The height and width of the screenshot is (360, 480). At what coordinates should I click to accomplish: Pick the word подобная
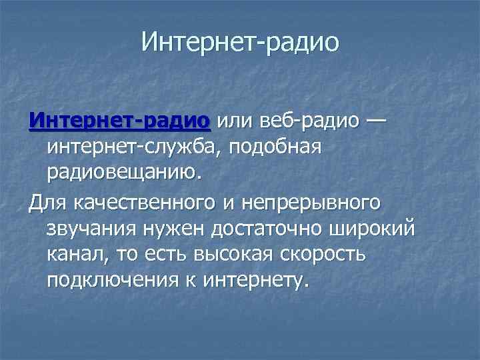click(277, 148)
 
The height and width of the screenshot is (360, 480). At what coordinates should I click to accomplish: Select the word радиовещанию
click(123, 173)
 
